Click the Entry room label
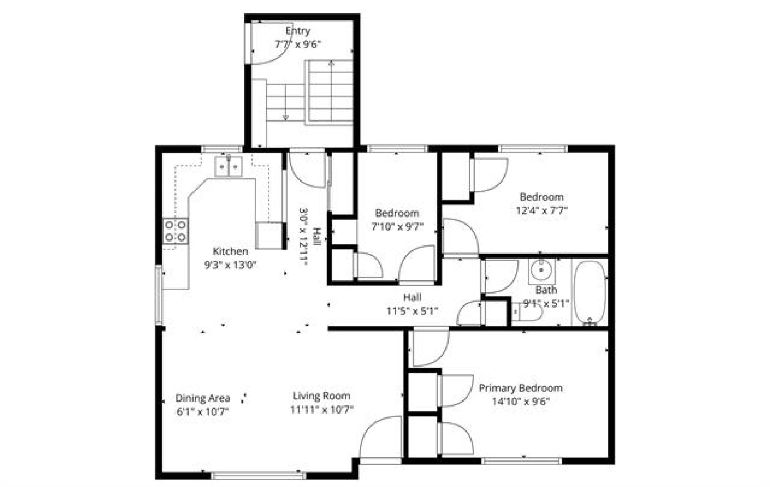298,30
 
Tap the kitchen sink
228,167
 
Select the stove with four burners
176,231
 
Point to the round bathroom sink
541,270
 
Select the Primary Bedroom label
521,388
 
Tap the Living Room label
321,396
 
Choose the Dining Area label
203,398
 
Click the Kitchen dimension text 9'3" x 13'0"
230,265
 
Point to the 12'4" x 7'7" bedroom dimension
542,211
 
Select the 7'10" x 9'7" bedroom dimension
397,227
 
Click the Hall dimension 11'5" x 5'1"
412,311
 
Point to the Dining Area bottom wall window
258,476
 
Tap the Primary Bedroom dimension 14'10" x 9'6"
521,402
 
